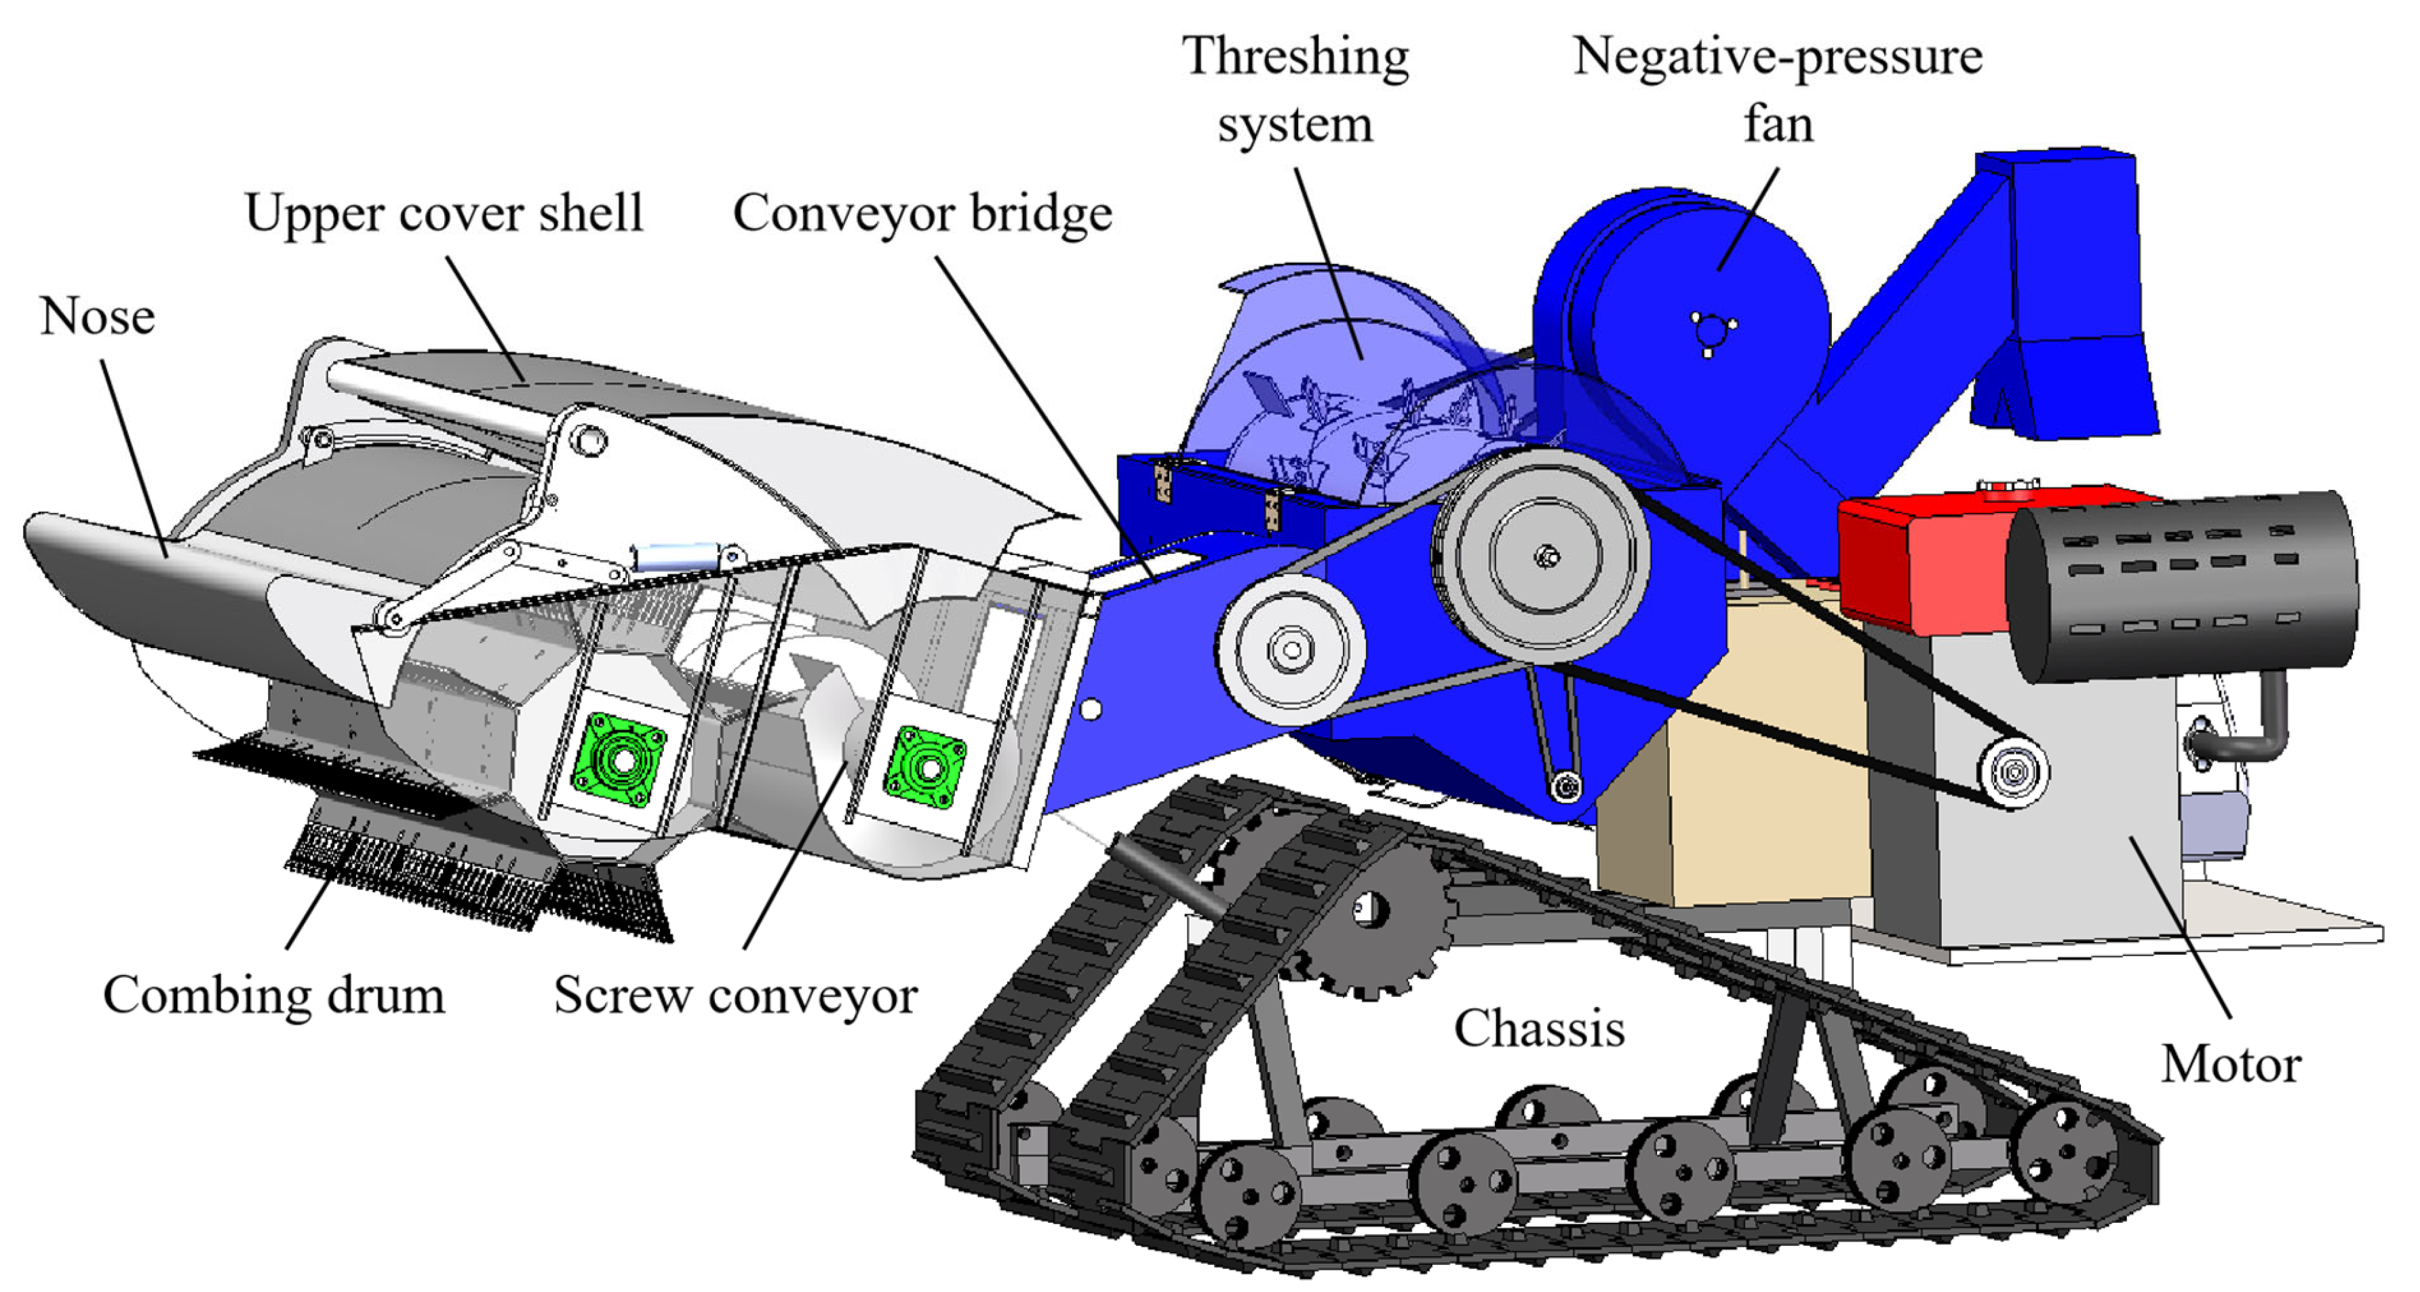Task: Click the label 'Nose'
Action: click(97, 317)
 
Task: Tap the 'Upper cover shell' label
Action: click(444, 213)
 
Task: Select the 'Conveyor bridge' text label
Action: click(922, 213)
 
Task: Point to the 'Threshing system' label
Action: click(1295, 90)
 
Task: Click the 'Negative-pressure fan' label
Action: click(1778, 90)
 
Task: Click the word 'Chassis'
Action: click(1539, 1028)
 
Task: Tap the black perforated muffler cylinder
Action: click(2179, 583)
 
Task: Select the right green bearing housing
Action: click(926, 766)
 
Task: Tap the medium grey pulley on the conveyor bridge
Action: click(1291, 648)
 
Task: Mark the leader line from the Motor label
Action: click(2179, 926)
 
